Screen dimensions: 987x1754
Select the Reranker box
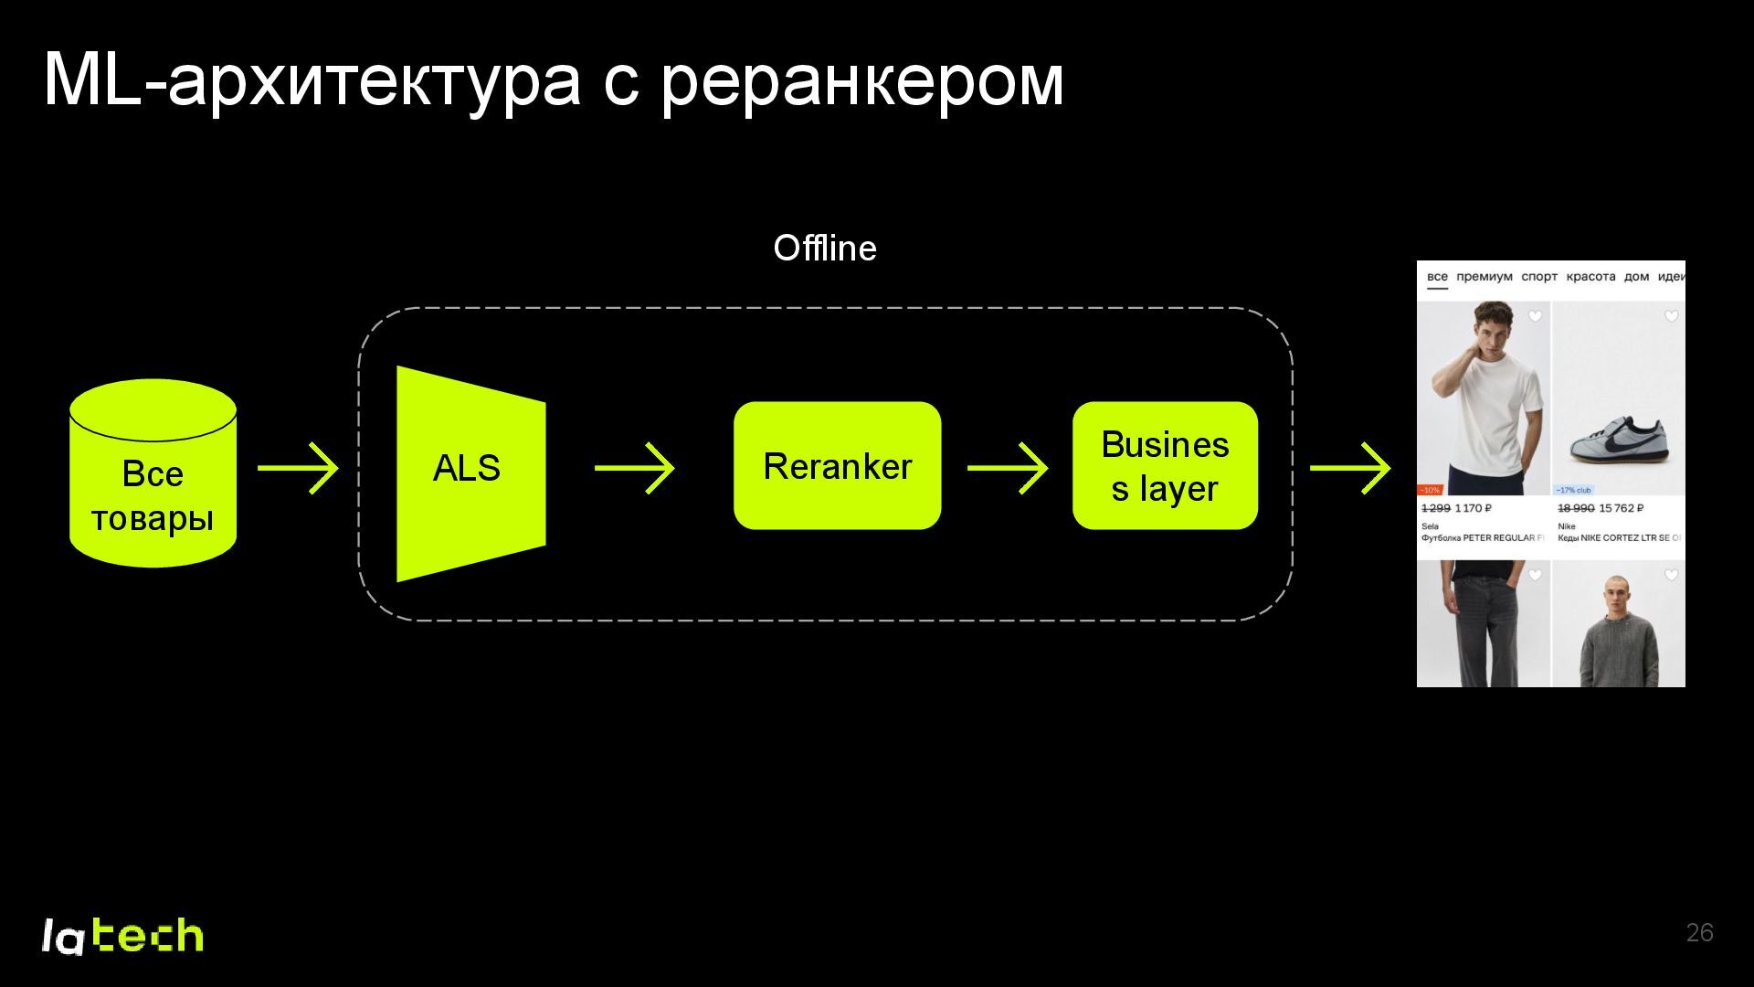pos(837,466)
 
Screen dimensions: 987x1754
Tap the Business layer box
pos(1165,466)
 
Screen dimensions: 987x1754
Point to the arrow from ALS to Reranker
pos(634,468)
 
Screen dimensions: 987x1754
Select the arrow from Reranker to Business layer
pos(1007,468)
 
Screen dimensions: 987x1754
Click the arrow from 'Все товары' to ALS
pos(298,468)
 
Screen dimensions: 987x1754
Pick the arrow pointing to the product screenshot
pos(1349,468)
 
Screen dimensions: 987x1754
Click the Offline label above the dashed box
pos(824,248)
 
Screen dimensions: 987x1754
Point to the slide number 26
pos(1699,932)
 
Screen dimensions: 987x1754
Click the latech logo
pos(122,936)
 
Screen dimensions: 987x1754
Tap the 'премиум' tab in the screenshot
pos(1484,276)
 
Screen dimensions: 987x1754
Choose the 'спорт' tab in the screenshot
pos(1538,276)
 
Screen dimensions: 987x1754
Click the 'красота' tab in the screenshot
pos(1590,276)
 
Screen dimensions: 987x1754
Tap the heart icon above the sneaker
pos(1671,316)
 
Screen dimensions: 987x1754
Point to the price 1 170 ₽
pos(1473,508)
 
